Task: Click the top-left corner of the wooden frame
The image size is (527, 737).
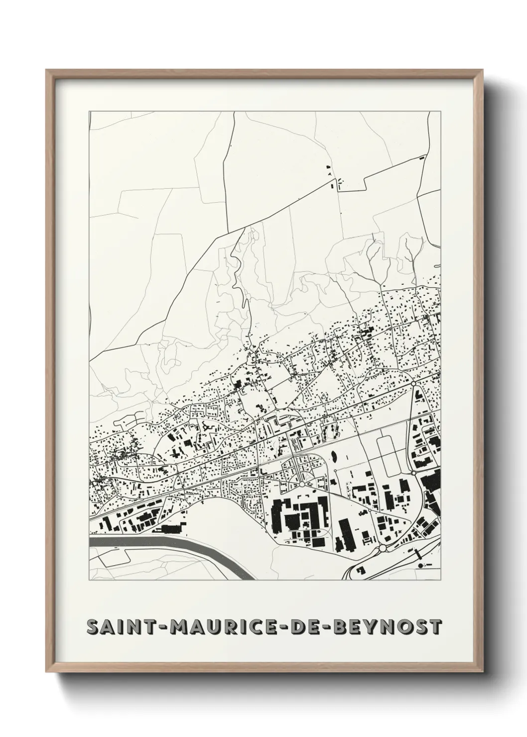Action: pyautogui.click(x=47, y=70)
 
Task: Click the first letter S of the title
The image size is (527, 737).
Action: pyautogui.click(x=92, y=627)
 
